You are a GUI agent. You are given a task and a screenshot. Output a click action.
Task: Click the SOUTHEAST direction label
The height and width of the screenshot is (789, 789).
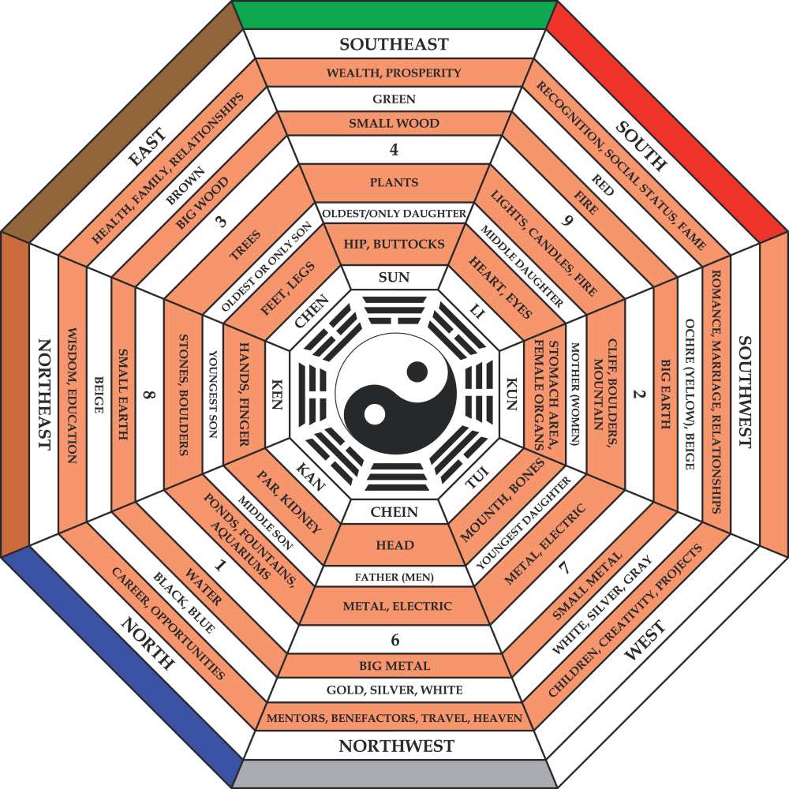click(394, 44)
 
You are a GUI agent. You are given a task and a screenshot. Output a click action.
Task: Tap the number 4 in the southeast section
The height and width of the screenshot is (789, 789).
click(394, 148)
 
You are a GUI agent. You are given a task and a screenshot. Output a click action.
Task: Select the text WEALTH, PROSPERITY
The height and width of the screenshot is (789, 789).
click(394, 73)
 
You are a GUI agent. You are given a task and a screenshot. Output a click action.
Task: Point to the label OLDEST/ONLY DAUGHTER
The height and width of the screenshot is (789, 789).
click(394, 213)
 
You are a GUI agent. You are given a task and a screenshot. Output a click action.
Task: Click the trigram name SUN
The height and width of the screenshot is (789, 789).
click(394, 277)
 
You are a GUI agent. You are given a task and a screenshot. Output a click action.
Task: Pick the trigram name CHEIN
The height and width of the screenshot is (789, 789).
click(394, 512)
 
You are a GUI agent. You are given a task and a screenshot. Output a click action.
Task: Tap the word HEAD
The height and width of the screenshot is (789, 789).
click(394, 545)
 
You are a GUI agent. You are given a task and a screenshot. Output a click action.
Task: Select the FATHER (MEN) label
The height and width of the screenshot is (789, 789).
click(394, 577)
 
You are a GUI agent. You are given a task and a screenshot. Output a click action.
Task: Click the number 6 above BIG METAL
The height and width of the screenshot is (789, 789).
click(394, 640)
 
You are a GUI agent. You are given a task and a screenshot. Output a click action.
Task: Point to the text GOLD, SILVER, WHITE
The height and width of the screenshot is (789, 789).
click(394, 690)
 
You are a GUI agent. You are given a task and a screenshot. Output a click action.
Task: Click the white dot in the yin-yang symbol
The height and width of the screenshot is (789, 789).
click(374, 413)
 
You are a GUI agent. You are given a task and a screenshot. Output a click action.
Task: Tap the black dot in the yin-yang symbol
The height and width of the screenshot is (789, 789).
click(416, 371)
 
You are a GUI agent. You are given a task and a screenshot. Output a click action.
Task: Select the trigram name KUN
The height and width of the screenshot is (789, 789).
click(510, 393)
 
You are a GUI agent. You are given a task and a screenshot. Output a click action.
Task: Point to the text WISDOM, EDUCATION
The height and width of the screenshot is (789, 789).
click(70, 394)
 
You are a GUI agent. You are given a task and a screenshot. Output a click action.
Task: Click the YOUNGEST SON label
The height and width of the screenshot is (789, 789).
click(212, 394)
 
